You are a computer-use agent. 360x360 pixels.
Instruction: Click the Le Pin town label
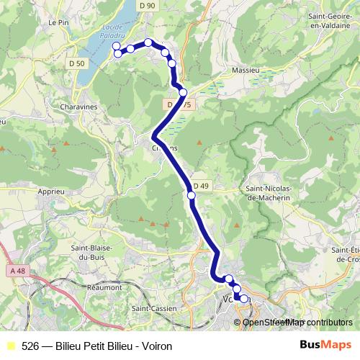point(58,22)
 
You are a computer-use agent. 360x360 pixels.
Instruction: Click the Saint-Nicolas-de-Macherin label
point(268,192)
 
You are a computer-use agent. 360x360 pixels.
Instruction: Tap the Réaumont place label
point(105,287)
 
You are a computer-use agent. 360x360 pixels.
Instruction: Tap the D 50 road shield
point(80,63)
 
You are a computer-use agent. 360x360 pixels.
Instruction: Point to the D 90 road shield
point(148,6)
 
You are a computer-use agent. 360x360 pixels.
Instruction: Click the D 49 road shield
point(201,186)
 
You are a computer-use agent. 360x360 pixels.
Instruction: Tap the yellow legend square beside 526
point(10,346)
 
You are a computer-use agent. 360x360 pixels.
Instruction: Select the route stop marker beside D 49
point(192,195)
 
